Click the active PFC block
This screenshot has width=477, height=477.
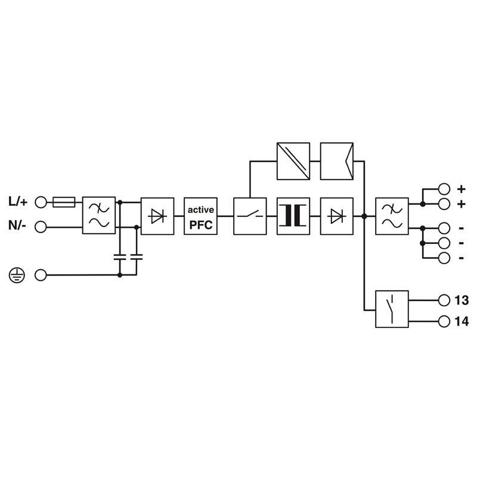[x=200, y=216]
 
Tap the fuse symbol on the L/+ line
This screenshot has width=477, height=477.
[x=64, y=202]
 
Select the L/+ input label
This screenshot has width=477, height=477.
[x=18, y=202]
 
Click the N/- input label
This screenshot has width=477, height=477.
[x=17, y=226]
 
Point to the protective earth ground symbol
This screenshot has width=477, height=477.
[x=17, y=275]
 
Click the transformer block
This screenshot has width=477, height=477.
[x=293, y=216]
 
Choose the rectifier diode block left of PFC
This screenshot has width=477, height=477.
[x=157, y=216]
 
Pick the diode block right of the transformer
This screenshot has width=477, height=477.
[x=337, y=216]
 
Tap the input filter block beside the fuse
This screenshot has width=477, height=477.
[x=99, y=215]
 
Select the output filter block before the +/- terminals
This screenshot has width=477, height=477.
[x=392, y=216]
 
